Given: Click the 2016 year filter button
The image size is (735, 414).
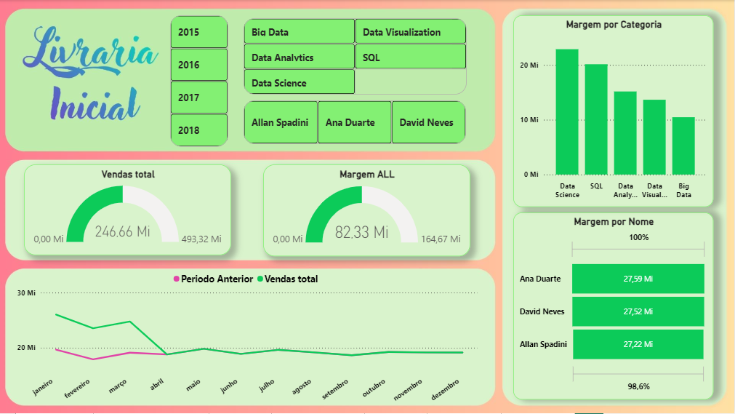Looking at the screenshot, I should click(199, 65).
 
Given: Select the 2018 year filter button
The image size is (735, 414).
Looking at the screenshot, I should click(199, 130).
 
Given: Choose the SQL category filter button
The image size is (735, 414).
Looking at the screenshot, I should click(410, 57).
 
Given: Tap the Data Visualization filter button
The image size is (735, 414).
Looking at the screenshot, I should click(410, 32).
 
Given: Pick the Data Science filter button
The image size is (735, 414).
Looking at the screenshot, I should click(299, 82).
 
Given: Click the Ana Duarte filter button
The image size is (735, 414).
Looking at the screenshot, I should click(354, 122).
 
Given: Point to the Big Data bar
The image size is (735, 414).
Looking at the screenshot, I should click(683, 146).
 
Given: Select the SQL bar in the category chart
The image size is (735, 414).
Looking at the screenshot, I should click(596, 119).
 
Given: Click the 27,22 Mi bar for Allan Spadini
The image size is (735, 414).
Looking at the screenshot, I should click(638, 344).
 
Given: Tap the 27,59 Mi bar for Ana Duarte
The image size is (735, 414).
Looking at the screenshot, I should click(638, 279).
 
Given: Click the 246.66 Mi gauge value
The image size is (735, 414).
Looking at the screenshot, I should click(122, 232).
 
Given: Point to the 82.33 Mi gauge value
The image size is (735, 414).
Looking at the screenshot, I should click(361, 232).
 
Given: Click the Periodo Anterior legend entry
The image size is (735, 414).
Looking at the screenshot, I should click(213, 279).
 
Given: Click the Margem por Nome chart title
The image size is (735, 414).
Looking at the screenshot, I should click(613, 221).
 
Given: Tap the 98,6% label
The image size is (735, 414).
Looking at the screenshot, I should click(638, 386).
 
